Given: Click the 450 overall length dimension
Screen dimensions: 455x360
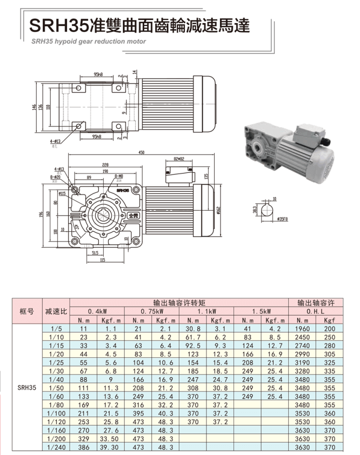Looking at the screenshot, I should [142, 153].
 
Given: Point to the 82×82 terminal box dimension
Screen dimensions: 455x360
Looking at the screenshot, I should [179, 159].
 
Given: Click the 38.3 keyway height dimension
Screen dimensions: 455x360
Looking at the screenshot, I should [255, 209].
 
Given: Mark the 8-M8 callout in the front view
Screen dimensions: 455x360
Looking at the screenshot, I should [119, 177].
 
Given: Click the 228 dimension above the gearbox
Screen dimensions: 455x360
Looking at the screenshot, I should [105, 164].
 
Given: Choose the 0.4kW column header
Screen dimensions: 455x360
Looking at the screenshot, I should [97, 311].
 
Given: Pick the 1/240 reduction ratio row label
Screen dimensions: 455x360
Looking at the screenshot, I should [56, 448].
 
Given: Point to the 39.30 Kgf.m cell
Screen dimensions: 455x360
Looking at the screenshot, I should [110, 448].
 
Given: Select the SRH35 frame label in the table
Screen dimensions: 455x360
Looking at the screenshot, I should [26, 387].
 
